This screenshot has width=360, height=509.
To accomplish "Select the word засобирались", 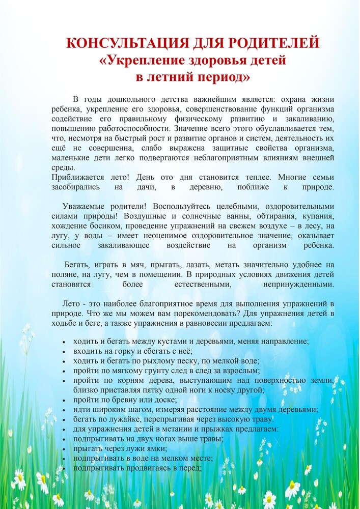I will click(75, 187).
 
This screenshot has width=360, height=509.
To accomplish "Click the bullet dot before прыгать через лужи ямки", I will click(63, 449).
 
